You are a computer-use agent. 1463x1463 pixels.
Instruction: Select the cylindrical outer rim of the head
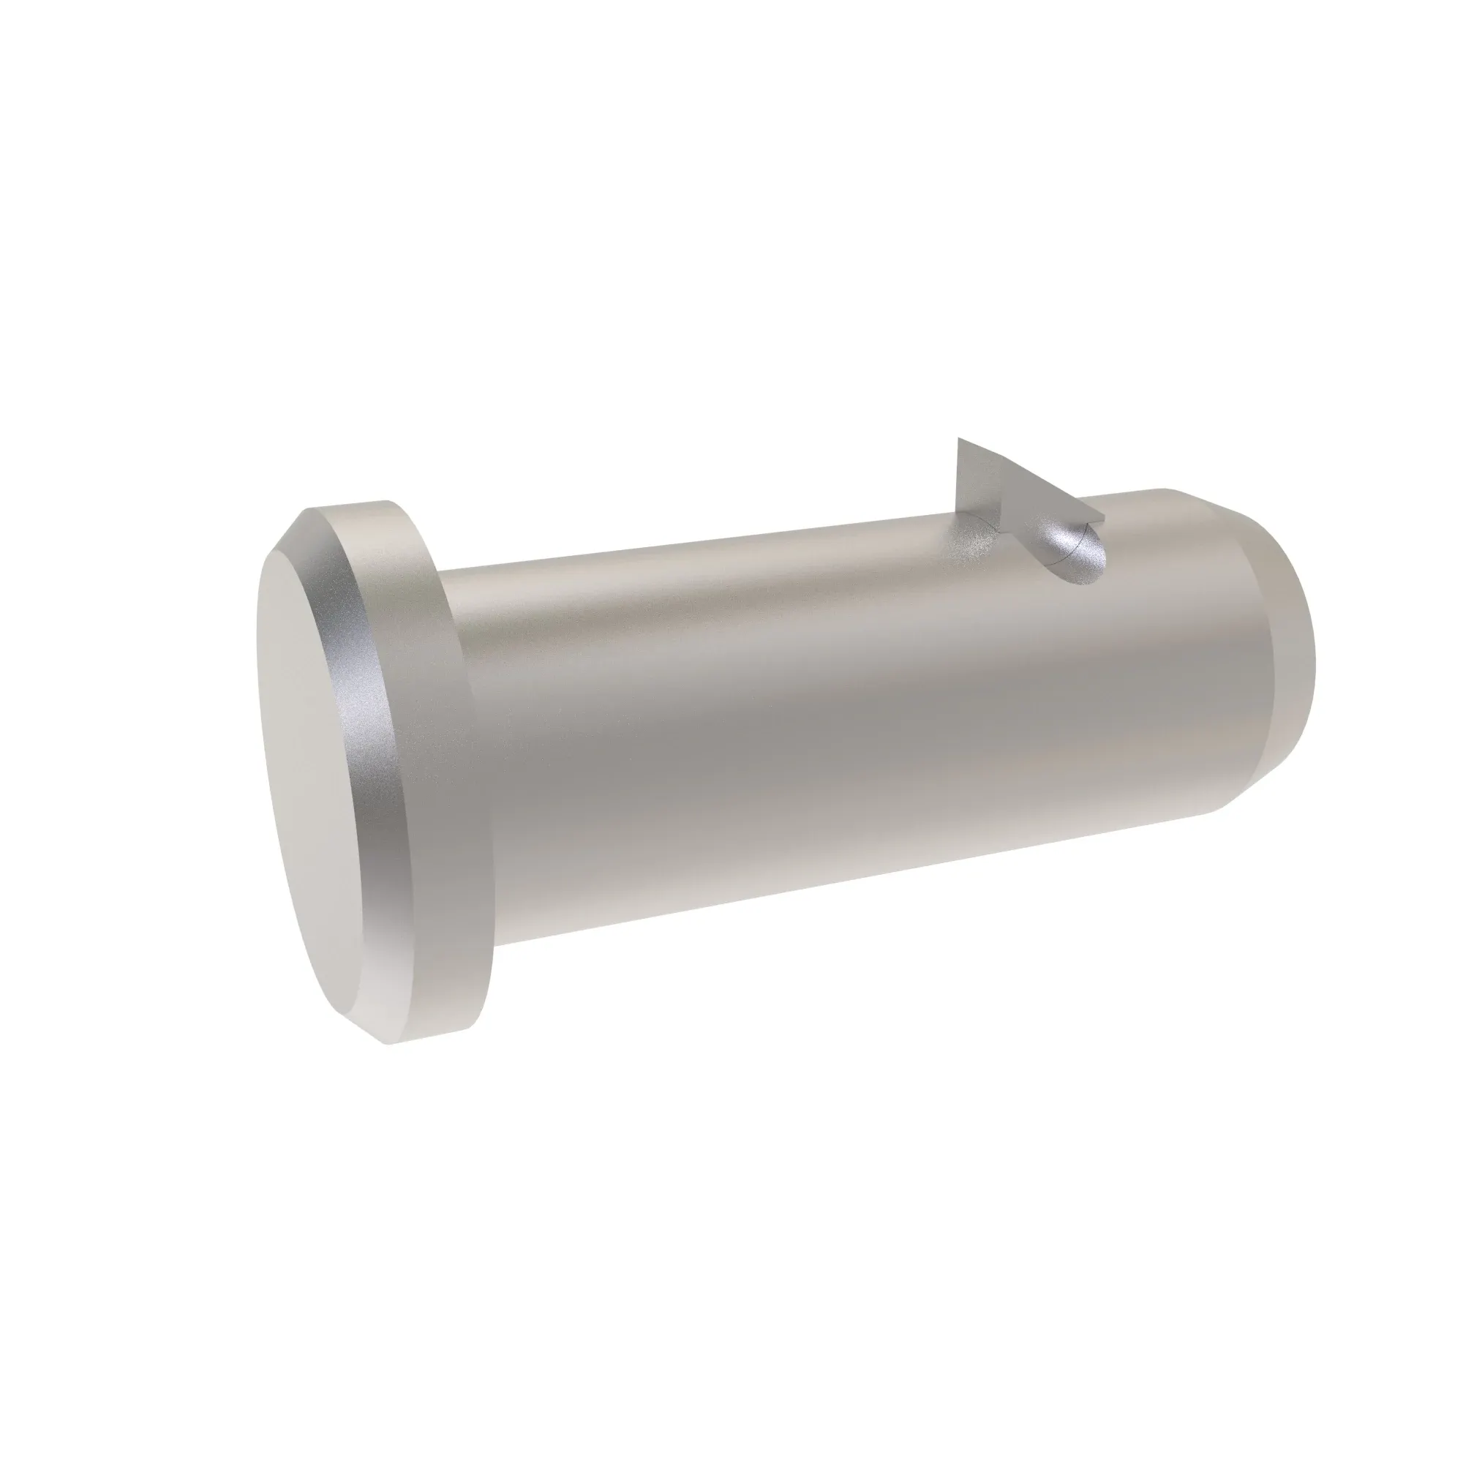click(435, 757)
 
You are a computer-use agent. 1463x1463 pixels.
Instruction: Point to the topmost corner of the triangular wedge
click(959, 438)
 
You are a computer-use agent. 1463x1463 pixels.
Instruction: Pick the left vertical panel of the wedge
click(977, 485)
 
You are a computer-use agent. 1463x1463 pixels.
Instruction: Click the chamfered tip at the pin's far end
click(1279, 651)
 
